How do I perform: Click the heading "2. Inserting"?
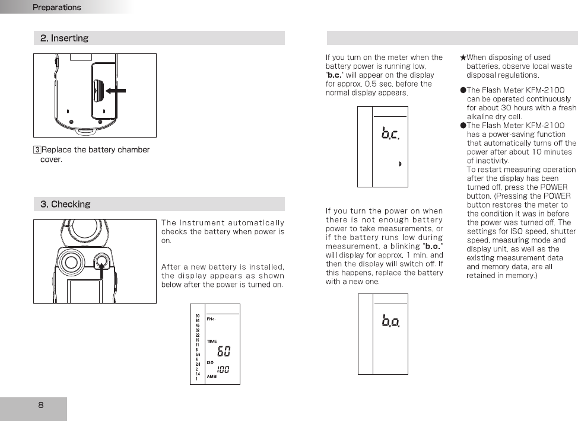(64, 39)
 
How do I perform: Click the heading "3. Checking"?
(65, 205)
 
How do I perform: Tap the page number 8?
(40, 406)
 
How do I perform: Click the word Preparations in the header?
(56, 8)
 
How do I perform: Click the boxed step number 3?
(37, 150)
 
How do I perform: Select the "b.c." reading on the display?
(390, 134)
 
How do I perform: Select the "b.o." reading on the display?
(390, 322)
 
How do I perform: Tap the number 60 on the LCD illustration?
(223, 352)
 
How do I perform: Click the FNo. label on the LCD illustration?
(211, 319)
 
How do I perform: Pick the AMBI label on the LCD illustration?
(212, 376)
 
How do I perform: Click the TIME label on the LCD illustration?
(212, 342)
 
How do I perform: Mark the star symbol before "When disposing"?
(463, 58)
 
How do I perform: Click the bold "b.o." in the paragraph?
(434, 246)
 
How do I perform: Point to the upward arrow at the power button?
(103, 272)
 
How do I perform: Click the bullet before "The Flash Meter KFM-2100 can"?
(463, 90)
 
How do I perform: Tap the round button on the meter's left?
(71, 262)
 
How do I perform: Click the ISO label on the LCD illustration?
(210, 363)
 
